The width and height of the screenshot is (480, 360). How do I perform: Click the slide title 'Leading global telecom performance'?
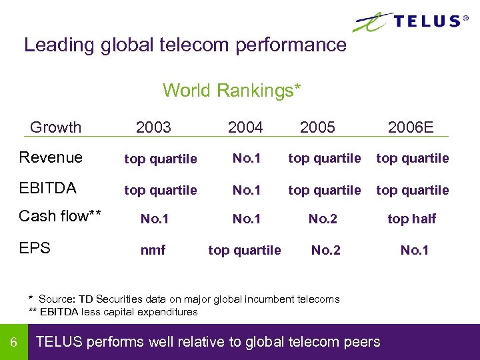(185, 45)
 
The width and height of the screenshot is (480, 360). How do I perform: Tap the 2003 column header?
(153, 127)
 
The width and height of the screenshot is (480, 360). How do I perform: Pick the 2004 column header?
(245, 127)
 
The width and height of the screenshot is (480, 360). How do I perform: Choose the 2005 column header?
(317, 127)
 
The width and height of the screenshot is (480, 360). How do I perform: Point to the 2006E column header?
(411, 127)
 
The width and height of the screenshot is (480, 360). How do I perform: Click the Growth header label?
(56, 127)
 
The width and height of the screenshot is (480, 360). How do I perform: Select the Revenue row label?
(51, 158)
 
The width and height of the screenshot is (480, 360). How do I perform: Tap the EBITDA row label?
(48, 189)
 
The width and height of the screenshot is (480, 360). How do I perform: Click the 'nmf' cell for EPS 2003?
(153, 251)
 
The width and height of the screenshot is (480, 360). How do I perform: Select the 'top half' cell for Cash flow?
(412, 219)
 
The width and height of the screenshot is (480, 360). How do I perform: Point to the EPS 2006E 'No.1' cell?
(414, 251)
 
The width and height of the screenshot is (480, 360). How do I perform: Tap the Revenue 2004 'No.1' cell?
(247, 159)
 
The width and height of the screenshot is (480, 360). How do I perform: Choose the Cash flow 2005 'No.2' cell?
(323, 219)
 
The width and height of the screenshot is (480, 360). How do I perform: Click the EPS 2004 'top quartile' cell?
(245, 251)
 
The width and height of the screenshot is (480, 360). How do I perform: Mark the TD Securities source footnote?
(184, 299)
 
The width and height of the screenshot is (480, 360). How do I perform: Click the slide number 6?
(13, 343)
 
